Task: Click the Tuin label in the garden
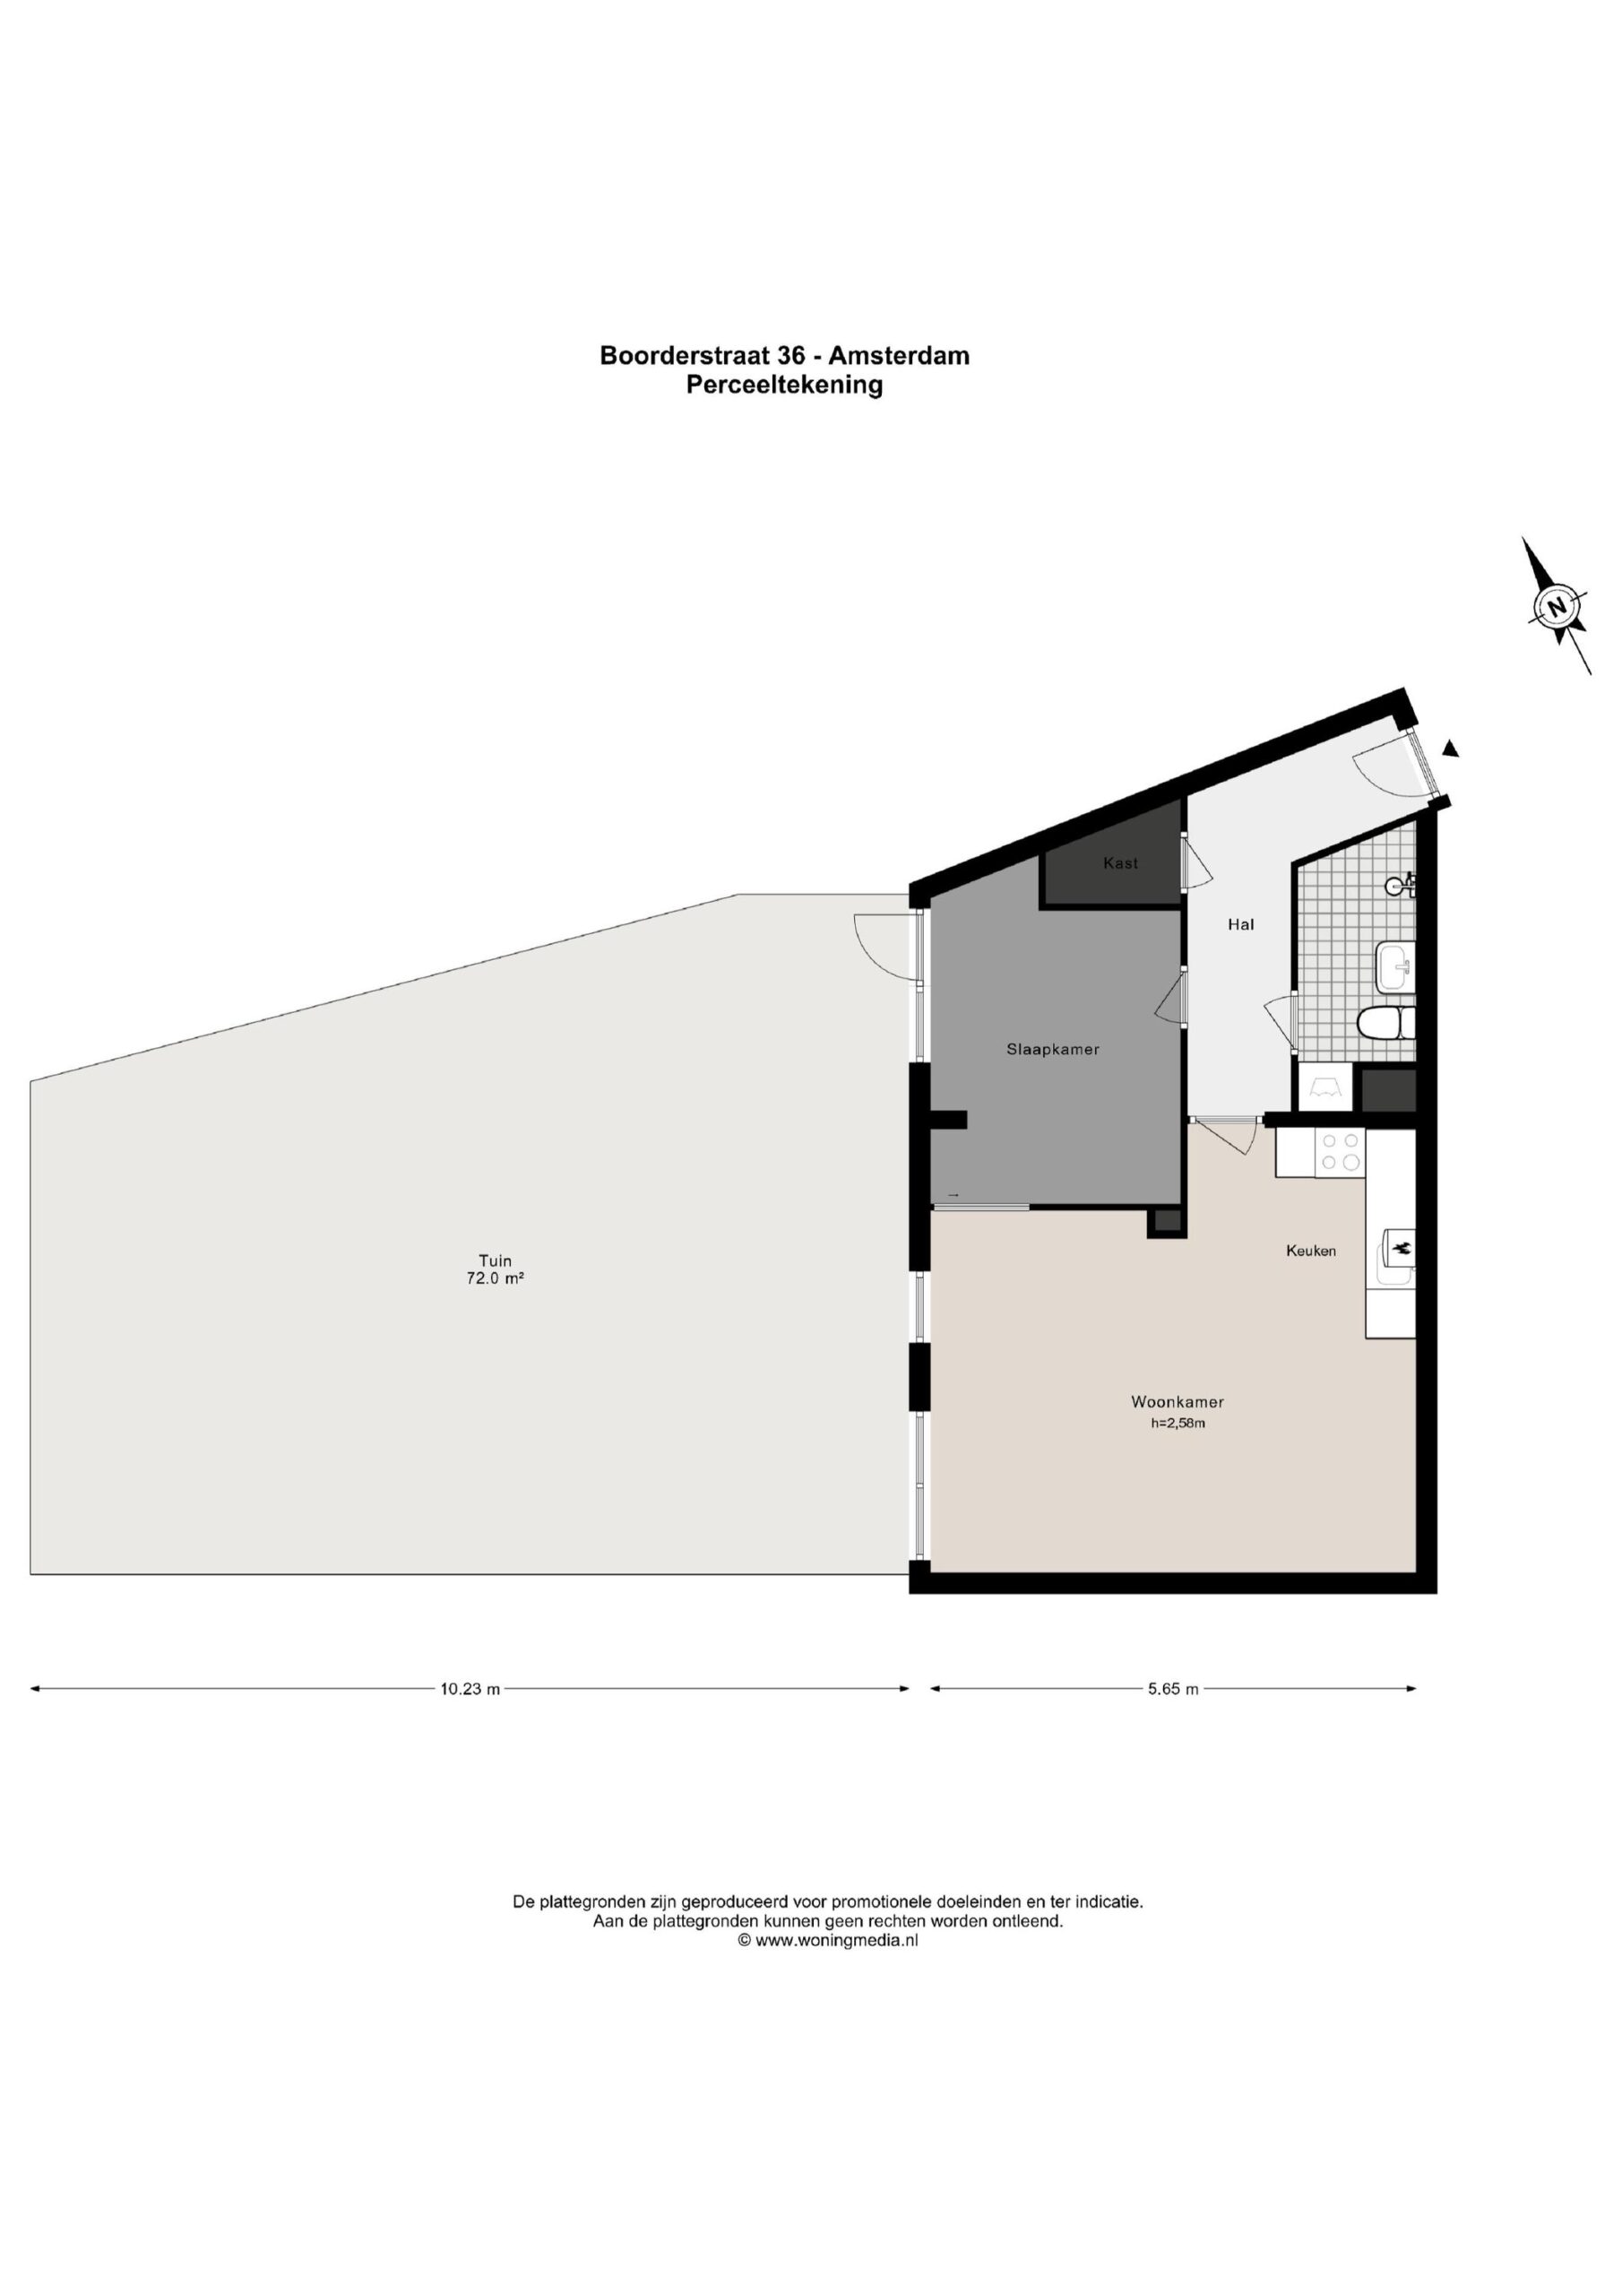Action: (495, 1260)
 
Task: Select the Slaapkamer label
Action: (1052, 1050)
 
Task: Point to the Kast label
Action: (1120, 862)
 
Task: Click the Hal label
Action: (1240, 924)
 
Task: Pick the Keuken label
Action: (1311, 1251)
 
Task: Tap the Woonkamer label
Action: (1178, 1401)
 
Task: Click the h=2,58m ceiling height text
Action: (1178, 1424)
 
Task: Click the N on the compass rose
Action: (1555, 606)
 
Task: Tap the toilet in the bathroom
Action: (1387, 1024)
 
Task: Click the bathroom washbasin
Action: (1396, 966)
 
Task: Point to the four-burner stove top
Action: (1342, 1150)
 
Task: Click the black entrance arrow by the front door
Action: (1451, 748)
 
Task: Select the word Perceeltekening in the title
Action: (784, 385)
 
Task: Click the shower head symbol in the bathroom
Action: (1402, 884)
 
